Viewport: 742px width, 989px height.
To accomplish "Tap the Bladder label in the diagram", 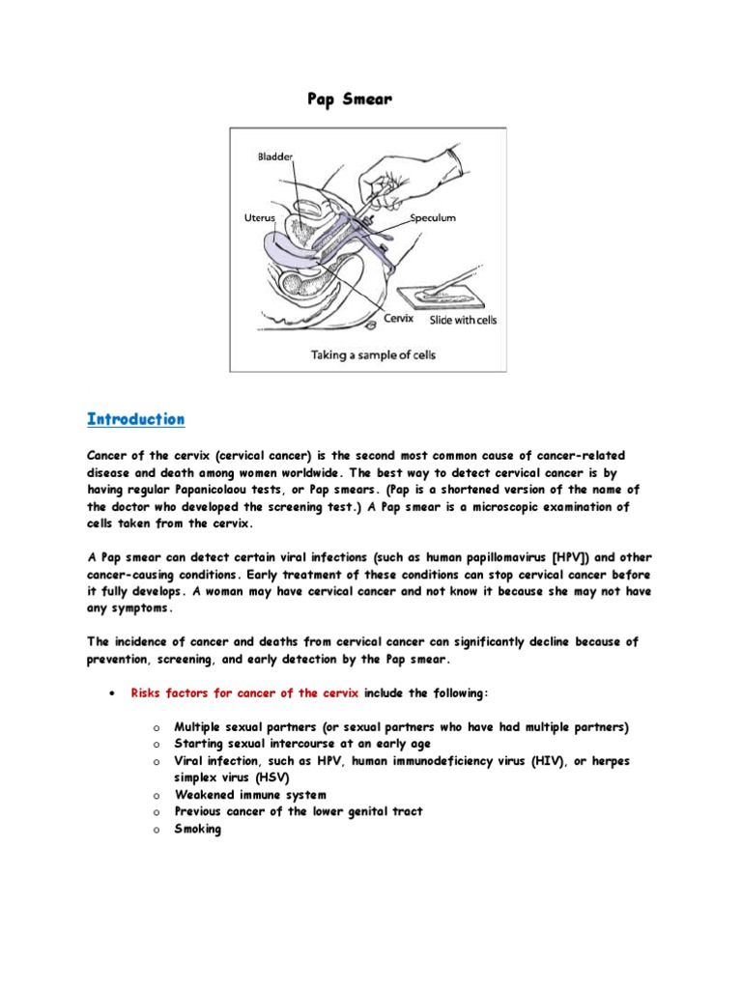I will pyautogui.click(x=275, y=155).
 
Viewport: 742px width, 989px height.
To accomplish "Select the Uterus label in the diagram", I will pyautogui.click(x=259, y=218).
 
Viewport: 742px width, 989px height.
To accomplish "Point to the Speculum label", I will pyautogui.click(x=432, y=218).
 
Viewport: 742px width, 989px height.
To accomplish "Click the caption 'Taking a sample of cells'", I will pyautogui.click(x=372, y=354).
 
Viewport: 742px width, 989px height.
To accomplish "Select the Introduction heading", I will pyautogui.click(x=135, y=419).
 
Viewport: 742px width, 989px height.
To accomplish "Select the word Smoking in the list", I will pyautogui.click(x=197, y=829).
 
